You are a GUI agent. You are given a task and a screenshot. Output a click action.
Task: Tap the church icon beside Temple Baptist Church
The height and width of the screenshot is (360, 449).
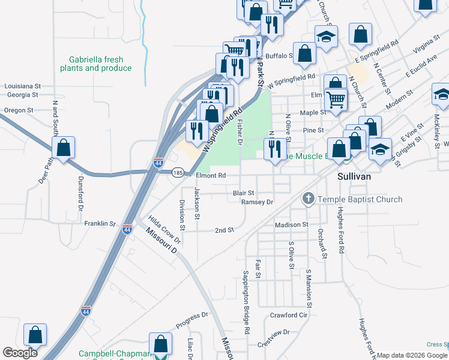(308, 199)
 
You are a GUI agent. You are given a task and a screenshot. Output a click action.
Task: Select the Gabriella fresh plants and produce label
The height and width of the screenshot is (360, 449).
(96, 64)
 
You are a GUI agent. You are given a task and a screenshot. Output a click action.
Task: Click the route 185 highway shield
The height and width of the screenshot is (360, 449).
(177, 173)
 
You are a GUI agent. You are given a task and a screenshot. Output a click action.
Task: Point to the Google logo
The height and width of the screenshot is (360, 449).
(20, 353)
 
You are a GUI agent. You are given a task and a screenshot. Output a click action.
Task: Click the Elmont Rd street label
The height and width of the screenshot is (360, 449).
(211, 176)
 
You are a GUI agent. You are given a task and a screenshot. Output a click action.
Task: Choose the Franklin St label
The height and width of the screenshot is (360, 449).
(100, 223)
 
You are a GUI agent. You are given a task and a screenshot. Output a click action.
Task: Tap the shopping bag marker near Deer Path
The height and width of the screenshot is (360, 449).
(63, 148)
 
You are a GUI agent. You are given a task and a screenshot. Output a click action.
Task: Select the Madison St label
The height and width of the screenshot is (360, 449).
(291, 224)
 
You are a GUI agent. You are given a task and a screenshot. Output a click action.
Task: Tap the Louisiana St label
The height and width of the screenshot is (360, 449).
(22, 86)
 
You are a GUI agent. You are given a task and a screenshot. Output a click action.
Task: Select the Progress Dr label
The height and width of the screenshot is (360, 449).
(191, 320)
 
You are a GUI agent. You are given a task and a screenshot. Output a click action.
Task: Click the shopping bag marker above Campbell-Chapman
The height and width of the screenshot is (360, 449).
(160, 344)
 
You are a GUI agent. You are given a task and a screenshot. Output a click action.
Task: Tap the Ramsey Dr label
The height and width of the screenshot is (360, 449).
(257, 202)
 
